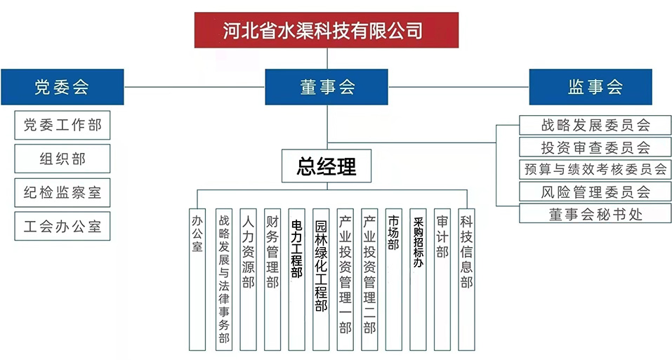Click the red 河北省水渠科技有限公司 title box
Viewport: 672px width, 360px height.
pos(326,30)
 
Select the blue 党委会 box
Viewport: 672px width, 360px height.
pos(62,87)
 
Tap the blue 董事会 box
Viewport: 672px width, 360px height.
pos(327,87)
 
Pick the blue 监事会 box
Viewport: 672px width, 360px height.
pos(590,87)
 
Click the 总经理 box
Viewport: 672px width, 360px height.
pos(327,166)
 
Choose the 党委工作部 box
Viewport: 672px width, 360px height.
pos(62,126)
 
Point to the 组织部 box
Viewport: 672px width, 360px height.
pos(62,159)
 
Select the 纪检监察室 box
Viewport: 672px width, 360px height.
pos(62,193)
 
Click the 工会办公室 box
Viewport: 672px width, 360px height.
pos(62,226)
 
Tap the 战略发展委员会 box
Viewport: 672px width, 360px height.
pos(595,126)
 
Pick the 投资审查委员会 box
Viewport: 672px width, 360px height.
pos(595,147)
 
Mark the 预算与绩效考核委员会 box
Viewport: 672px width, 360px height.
pos(595,169)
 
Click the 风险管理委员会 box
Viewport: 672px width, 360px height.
pos(595,191)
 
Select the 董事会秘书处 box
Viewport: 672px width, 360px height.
pos(595,213)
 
